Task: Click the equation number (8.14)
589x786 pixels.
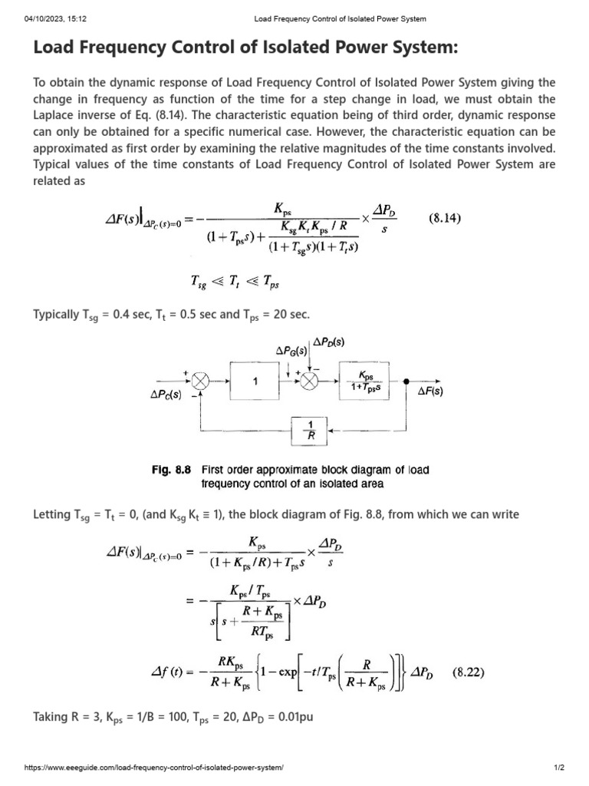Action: (x=444, y=218)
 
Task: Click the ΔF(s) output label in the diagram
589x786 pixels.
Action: (x=431, y=391)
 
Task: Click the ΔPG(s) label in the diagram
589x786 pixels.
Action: (x=291, y=351)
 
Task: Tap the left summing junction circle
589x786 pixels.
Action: (x=200, y=381)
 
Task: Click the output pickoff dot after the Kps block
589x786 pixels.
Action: (x=406, y=381)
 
